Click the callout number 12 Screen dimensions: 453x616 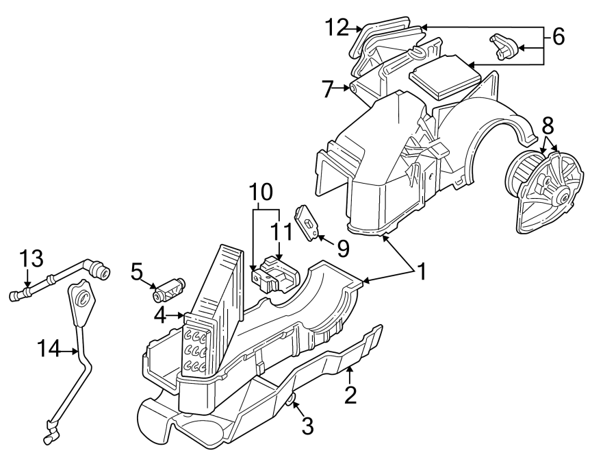[337, 27]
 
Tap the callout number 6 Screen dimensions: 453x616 [559, 37]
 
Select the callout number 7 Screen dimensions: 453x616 [328, 88]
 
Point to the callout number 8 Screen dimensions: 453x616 [548, 126]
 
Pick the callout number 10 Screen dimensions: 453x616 [265, 191]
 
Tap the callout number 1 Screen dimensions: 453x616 [422, 272]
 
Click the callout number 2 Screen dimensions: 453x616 [350, 395]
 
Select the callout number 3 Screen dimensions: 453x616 [307, 427]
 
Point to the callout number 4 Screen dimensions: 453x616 [160, 316]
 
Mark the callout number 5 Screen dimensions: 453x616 [136, 272]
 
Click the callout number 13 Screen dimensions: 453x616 [31, 258]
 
